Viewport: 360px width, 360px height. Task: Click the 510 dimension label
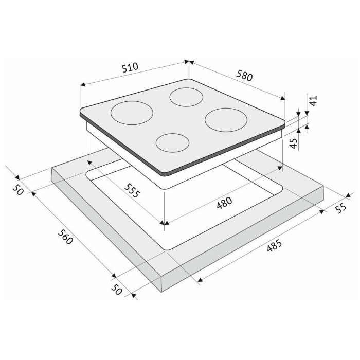coord(130,67)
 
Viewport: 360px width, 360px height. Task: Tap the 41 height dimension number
coord(313,101)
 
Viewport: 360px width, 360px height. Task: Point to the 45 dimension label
coord(294,143)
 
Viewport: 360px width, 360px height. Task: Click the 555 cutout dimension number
coord(132,190)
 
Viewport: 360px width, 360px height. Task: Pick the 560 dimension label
coord(65,237)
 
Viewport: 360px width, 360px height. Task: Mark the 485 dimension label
coord(274,246)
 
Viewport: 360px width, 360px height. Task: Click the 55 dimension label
coord(340,208)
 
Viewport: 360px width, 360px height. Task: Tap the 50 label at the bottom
coord(116,289)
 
